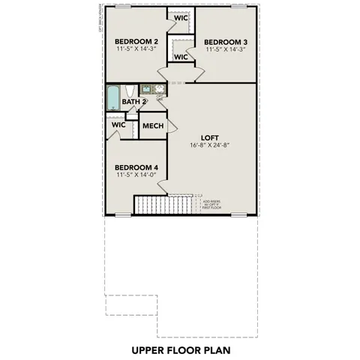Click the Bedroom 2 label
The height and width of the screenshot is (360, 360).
[136, 41]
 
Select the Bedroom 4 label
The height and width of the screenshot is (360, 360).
[136, 168]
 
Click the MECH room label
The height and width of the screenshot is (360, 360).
[153, 126]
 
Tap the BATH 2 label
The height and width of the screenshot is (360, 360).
[133, 101]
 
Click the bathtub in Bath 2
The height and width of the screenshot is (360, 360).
[113, 99]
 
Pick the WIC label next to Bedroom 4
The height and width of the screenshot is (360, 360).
[118, 125]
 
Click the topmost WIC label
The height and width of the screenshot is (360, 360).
[181, 17]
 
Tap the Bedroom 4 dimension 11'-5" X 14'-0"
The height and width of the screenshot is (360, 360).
[136, 176]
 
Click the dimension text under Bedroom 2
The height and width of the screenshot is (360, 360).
[136, 49]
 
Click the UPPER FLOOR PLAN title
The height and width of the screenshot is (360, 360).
[180, 349]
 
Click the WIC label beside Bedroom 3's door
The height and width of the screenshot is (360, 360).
[181, 57]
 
